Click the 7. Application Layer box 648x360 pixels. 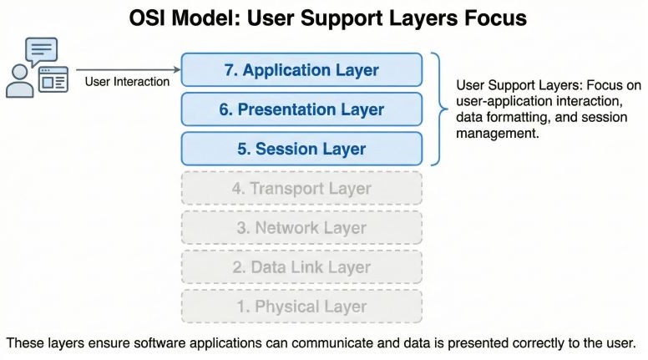[x=301, y=70]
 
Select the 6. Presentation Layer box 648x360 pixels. [x=301, y=109]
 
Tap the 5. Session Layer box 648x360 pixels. [x=301, y=149]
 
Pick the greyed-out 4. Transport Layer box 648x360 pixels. [x=301, y=189]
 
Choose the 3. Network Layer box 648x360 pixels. [x=301, y=228]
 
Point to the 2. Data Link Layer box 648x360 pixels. [x=301, y=267]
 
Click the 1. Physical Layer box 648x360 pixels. [x=301, y=307]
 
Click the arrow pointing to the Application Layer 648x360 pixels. [x=125, y=69]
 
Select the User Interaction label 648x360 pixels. [x=127, y=82]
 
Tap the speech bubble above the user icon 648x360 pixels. [x=42, y=52]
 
